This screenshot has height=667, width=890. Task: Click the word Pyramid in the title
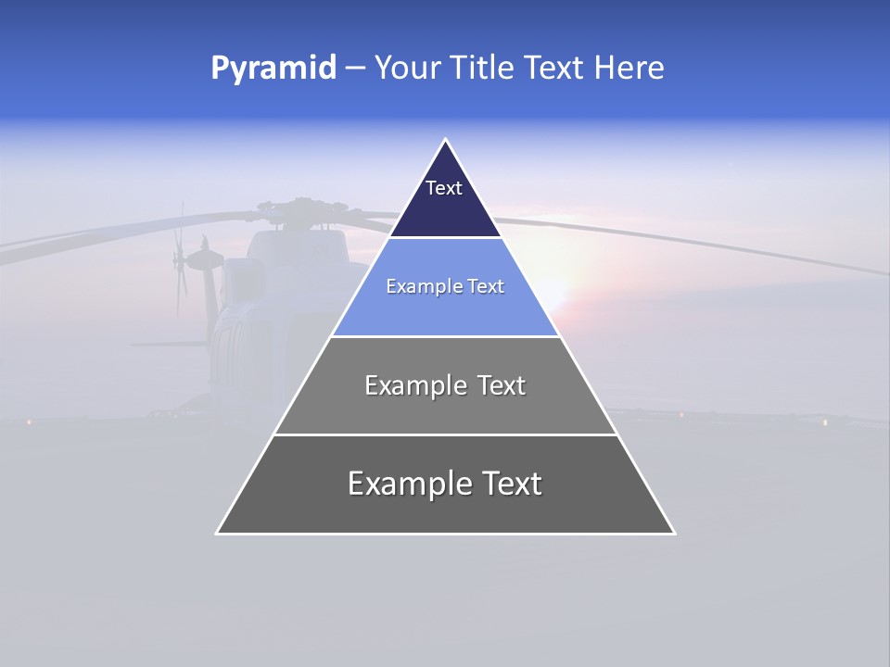(273, 69)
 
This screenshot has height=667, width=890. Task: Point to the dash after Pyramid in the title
(355, 69)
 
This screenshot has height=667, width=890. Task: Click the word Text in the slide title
(555, 69)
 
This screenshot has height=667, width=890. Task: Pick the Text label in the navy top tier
(444, 188)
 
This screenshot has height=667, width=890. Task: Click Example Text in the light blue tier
(445, 286)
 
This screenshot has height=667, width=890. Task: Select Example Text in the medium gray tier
(445, 385)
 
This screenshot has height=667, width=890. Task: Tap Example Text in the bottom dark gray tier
(445, 484)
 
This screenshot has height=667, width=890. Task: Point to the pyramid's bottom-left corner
(217, 533)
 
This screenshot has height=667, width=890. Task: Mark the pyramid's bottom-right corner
(674, 533)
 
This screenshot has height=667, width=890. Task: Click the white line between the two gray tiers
(445, 434)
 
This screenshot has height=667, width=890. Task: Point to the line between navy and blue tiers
(445, 237)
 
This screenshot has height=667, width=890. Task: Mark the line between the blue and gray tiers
(445, 336)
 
